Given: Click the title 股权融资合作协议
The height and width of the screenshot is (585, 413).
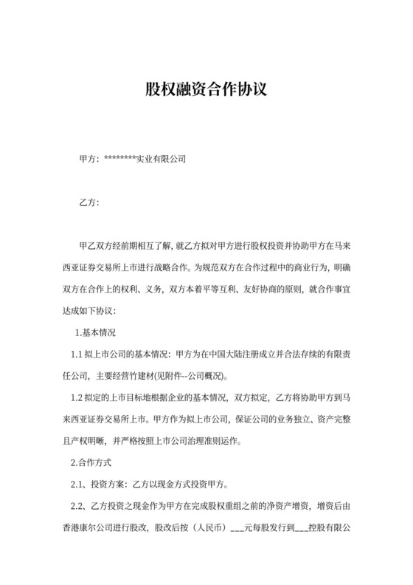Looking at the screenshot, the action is tap(206, 90).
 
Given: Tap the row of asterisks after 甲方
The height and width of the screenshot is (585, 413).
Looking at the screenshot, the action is tap(121, 159).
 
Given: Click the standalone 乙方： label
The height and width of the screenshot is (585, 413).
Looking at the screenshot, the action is tap(89, 202).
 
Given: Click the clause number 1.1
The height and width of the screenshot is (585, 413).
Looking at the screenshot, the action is tap(77, 354).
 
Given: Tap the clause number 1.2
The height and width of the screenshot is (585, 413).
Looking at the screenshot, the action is tap(77, 398).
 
